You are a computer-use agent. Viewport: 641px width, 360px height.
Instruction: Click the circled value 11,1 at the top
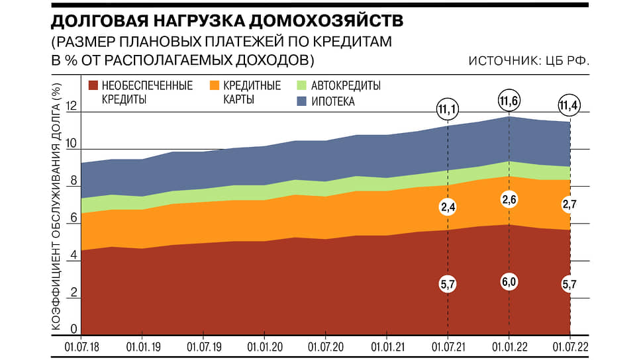click(x=448, y=107)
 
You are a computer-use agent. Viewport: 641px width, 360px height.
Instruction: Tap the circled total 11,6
click(x=509, y=102)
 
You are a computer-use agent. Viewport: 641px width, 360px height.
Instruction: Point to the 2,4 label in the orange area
click(x=448, y=207)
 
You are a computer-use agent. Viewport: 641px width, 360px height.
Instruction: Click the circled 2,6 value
click(x=509, y=199)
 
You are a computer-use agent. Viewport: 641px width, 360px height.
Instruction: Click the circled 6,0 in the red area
click(x=509, y=281)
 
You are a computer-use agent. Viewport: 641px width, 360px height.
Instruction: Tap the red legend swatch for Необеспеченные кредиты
click(x=93, y=85)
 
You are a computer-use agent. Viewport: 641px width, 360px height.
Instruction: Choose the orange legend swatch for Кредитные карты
click(x=215, y=85)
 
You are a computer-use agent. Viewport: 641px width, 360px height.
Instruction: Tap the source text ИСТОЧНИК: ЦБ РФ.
click(x=528, y=61)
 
